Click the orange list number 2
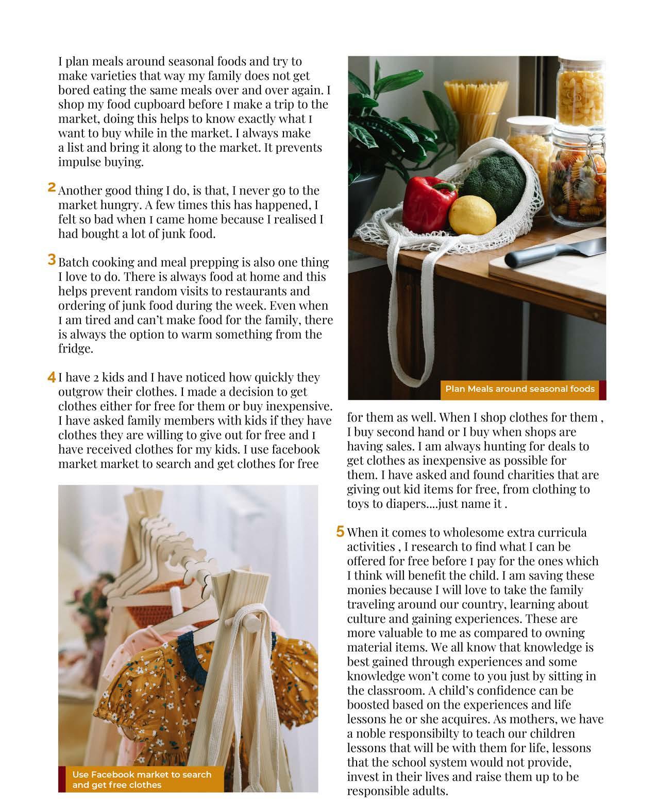click(x=52, y=187)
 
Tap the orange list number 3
click(x=52, y=259)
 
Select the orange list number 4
click(x=52, y=377)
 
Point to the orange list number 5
click(x=340, y=531)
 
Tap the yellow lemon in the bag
click(x=472, y=214)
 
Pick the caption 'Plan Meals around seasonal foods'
click(x=519, y=389)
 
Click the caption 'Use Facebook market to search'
click(x=142, y=774)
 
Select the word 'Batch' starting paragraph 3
click(x=74, y=262)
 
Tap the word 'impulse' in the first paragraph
click(x=79, y=162)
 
